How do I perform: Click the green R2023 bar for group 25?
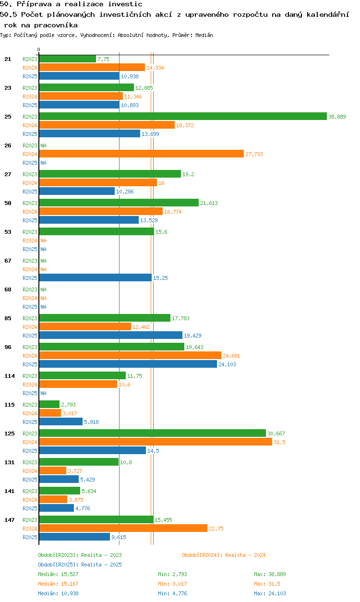[182, 117]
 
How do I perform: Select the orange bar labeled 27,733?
[141, 154]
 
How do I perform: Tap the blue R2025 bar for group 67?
[95, 278]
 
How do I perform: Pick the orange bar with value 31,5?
[155, 442]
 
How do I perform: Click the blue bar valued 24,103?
[128, 364]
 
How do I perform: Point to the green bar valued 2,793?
[49, 405]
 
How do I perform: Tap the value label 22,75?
[216, 529]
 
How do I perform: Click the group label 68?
[8, 289]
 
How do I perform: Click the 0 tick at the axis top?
[39, 49]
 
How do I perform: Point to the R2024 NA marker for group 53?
[43, 241]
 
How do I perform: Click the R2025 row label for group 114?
[30, 393]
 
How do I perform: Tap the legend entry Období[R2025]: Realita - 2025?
[80, 565]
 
